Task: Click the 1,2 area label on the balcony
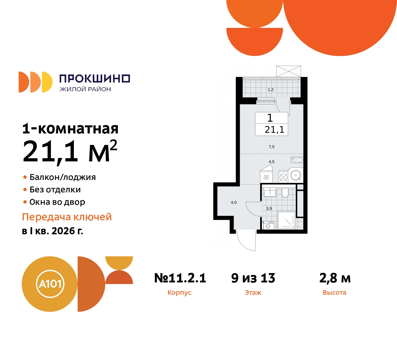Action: coord(270,90)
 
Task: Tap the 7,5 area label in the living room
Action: coord(271,147)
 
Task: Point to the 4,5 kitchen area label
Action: coord(271,162)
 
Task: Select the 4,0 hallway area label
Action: coord(234,202)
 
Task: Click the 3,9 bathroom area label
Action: coord(269,209)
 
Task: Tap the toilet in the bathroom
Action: coord(285,193)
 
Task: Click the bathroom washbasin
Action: coord(270,192)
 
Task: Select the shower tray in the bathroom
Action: coord(286,220)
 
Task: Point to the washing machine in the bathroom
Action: coord(268,225)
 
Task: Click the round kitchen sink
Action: coord(296,176)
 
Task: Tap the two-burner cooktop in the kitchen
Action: coord(297,160)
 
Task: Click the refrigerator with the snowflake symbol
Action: coord(266,178)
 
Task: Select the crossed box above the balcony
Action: coord(288,71)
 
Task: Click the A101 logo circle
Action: coord(50,284)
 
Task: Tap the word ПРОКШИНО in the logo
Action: coord(95,79)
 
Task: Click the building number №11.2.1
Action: coord(180,278)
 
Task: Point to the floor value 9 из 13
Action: coord(253,278)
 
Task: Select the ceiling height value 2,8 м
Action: coord(335,278)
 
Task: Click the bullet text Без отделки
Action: coord(55,190)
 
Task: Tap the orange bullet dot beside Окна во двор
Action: coord(25,202)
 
